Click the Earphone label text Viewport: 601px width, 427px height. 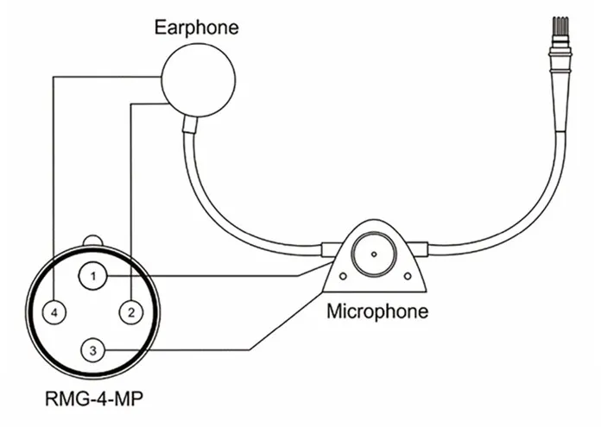click(196, 28)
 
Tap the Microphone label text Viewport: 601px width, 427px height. click(377, 311)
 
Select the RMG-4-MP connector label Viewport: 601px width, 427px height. click(94, 399)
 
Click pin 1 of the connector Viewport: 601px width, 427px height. click(92, 276)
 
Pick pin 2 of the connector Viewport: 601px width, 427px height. click(131, 312)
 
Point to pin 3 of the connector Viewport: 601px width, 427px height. click(92, 350)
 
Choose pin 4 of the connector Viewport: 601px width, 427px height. click(54, 312)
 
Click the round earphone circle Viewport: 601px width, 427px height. click(198, 80)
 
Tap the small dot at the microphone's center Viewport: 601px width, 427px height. click(374, 254)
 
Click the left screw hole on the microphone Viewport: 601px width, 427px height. click(343, 276)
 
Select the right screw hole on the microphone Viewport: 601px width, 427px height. click(408, 276)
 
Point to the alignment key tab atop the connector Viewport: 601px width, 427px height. click(92, 241)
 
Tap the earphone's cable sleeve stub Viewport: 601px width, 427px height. click(189, 124)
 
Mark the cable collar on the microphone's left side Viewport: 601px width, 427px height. click(331, 249)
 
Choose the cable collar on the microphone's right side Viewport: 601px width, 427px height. click(417, 249)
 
